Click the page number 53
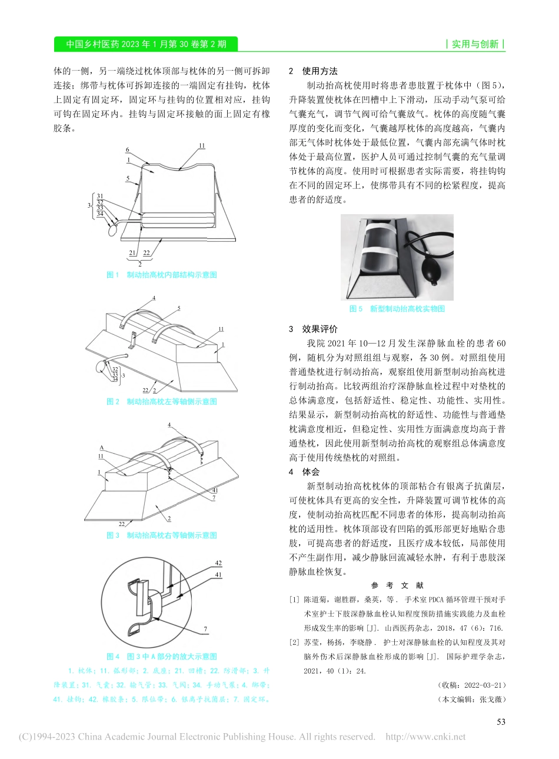click(501, 722)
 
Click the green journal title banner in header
click(145, 44)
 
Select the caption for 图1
click(162, 275)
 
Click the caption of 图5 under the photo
click(397, 309)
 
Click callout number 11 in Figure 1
click(202, 145)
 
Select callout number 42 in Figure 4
click(218, 563)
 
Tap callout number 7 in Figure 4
click(205, 629)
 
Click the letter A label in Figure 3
click(101, 447)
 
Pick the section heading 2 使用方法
click(313, 71)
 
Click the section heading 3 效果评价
click(313, 329)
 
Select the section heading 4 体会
click(304, 472)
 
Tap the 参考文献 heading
click(397, 585)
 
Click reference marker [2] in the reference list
click(294, 643)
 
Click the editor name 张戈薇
click(492, 700)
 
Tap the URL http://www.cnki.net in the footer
click(425, 737)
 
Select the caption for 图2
click(162, 402)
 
